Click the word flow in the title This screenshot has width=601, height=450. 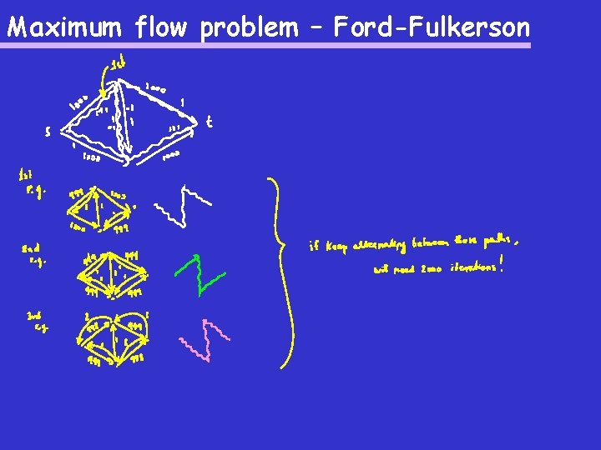click(x=164, y=28)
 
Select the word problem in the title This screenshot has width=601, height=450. click(x=248, y=28)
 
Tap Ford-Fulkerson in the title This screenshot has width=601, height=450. click(x=431, y=28)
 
